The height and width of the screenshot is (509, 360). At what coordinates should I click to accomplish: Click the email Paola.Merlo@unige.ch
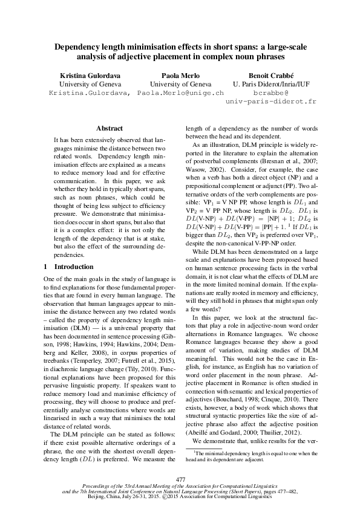[x=180, y=94]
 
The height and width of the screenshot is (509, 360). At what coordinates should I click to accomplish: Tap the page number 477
[x=180, y=479]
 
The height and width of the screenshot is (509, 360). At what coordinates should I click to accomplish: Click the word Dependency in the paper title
[x=78, y=46]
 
